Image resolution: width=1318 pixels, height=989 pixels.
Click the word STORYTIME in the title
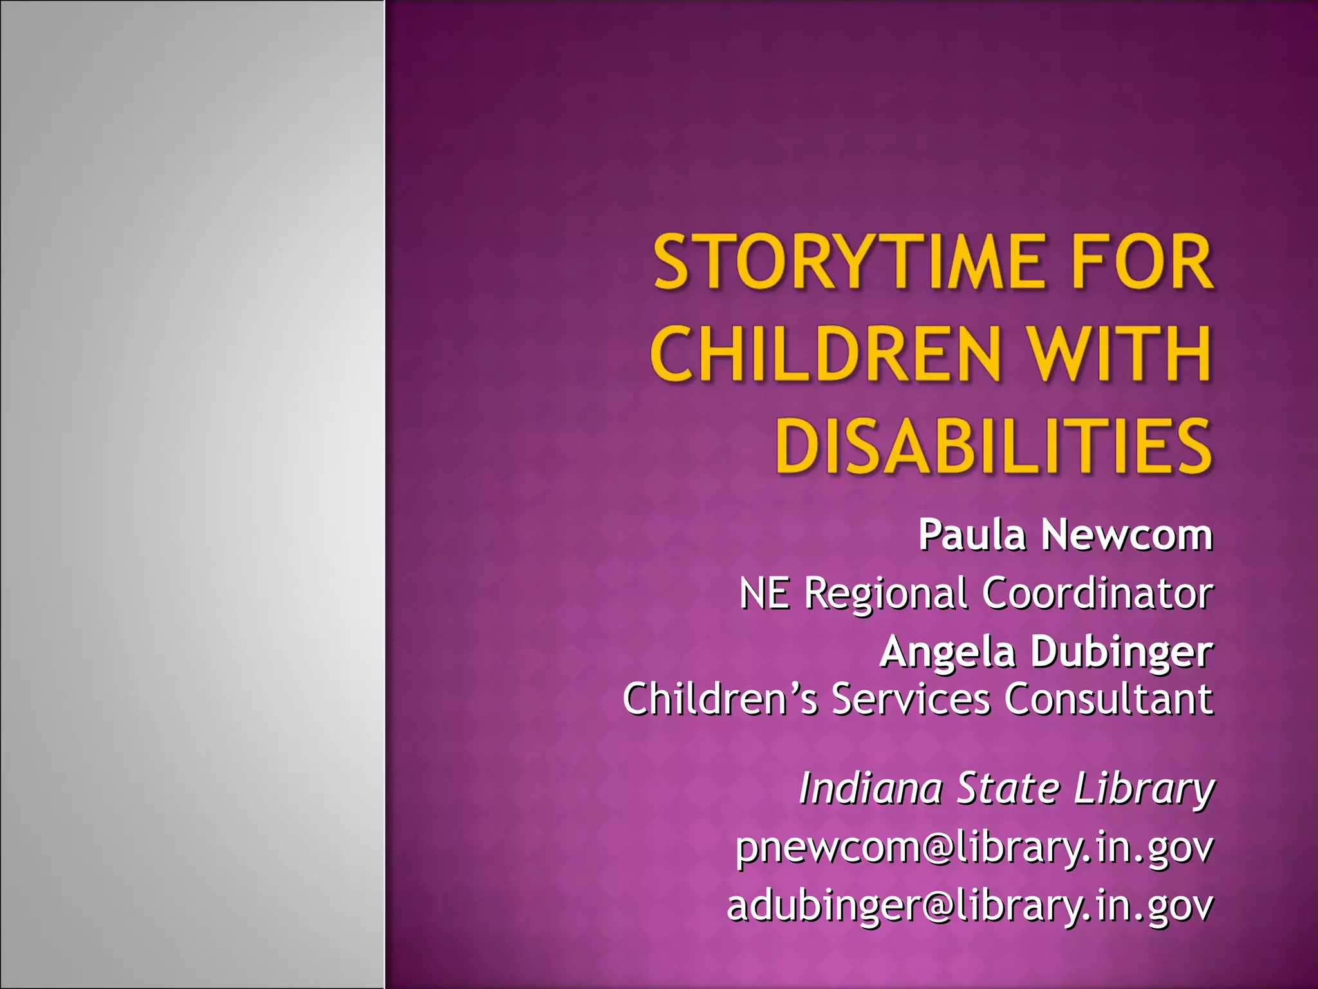click(x=849, y=263)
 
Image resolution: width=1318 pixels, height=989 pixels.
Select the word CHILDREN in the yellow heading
click(x=826, y=355)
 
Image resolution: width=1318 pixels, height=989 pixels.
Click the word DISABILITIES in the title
click(x=993, y=446)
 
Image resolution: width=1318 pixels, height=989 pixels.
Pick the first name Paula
click(x=972, y=535)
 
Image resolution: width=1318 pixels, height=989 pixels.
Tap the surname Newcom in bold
click(x=1127, y=535)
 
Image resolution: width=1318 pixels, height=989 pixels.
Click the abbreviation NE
click(x=764, y=593)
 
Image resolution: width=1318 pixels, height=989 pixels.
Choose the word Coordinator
click(x=1097, y=593)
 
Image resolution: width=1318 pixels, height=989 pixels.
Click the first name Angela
click(x=947, y=652)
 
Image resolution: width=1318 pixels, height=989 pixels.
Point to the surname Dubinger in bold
click(x=1122, y=652)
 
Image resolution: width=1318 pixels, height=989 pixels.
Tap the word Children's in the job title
click(x=719, y=699)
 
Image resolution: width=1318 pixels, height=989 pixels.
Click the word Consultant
click(x=1109, y=699)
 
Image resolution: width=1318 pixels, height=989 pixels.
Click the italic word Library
click(x=1144, y=789)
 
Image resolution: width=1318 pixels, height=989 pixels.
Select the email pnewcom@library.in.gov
click(x=974, y=848)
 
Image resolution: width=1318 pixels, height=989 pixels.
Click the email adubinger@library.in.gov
click(x=970, y=906)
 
